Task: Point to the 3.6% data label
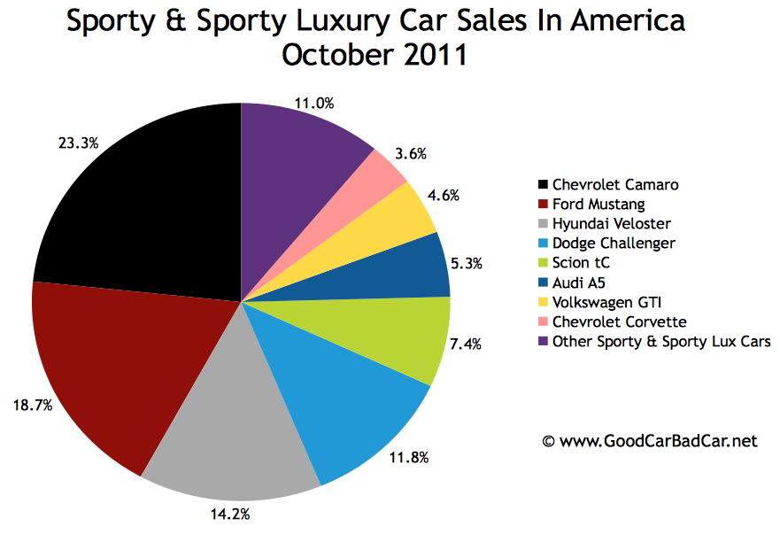410,153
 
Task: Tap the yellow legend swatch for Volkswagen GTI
542,302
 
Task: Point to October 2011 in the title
375,55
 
